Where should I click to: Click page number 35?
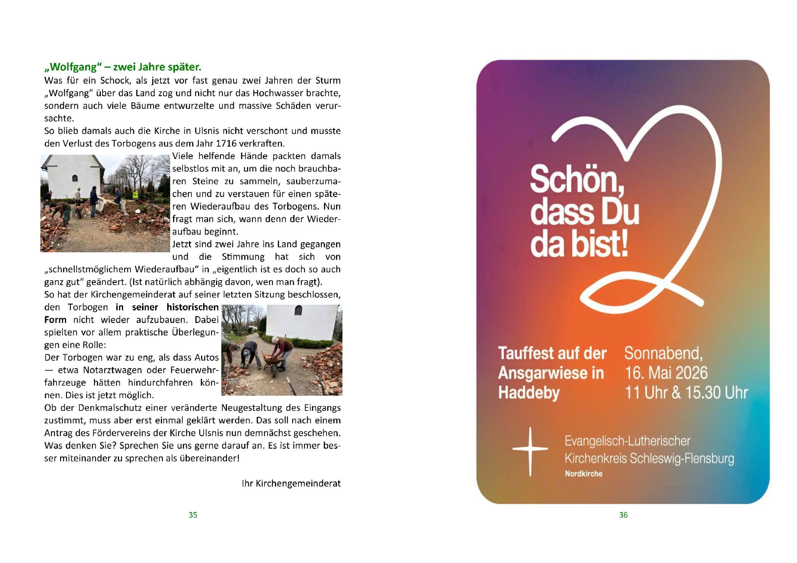click(193, 515)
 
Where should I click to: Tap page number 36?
click(623, 515)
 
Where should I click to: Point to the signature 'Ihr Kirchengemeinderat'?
click(291, 484)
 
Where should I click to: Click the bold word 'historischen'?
click(192, 307)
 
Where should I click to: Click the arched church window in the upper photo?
click(75, 178)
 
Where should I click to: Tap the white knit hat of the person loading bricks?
click(275, 339)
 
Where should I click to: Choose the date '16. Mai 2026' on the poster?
click(666, 373)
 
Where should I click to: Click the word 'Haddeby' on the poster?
click(529, 393)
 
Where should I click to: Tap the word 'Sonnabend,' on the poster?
click(663, 353)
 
